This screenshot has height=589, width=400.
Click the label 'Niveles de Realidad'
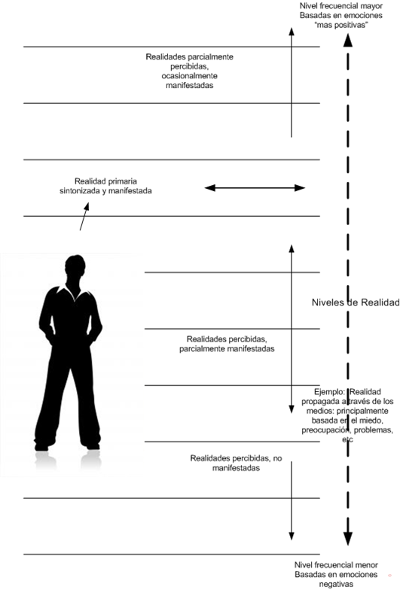pyautogui.click(x=356, y=302)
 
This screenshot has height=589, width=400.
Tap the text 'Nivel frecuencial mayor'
pyautogui.click(x=341, y=6)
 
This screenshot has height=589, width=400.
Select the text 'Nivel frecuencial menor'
pyautogui.click(x=336, y=565)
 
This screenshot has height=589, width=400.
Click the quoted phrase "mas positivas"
pyautogui.click(x=341, y=25)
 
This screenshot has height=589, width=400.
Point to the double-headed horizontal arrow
pyautogui.click(x=255, y=188)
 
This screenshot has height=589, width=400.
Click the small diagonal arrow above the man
pyautogui.click(x=84, y=217)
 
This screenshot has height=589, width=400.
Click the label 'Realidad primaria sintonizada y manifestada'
pyautogui.click(x=105, y=186)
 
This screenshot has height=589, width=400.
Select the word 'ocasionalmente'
pyautogui.click(x=190, y=76)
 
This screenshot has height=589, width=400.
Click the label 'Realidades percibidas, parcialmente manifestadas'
pyautogui.click(x=227, y=344)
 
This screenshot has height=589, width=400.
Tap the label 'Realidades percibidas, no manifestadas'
pyautogui.click(x=236, y=463)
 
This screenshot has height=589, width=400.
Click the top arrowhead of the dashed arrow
pyautogui.click(x=348, y=40)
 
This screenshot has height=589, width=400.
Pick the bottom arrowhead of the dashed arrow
pyautogui.click(x=348, y=539)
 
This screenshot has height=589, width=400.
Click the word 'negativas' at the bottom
pyautogui.click(x=336, y=584)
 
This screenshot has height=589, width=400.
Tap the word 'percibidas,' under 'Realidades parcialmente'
pyautogui.click(x=189, y=66)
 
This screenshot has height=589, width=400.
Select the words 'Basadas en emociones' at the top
pyautogui.click(x=341, y=15)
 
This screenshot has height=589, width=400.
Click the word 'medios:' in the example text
pyautogui.click(x=320, y=411)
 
